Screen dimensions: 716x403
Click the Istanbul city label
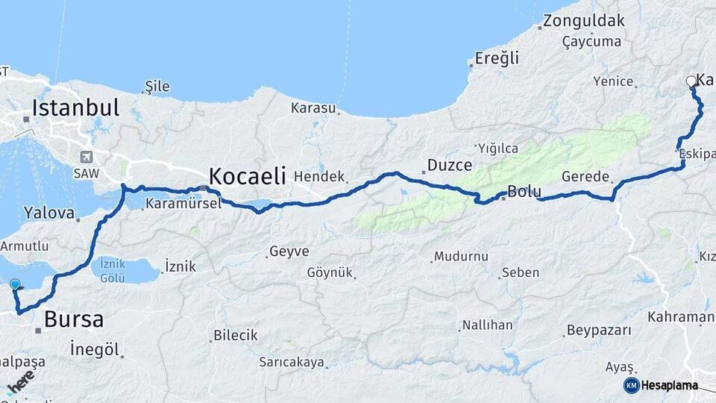75,107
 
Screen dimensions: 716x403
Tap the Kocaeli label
248,176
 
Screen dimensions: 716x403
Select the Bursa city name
73,320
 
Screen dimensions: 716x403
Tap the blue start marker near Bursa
16,284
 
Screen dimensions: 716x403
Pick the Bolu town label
524,191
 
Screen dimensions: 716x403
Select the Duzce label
450,165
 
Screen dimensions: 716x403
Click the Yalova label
49,213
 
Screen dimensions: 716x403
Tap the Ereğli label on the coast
498,57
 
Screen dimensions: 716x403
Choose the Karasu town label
313,108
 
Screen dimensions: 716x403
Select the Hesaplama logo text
670,385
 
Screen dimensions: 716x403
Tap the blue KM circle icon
631,385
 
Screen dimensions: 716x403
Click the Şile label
157,86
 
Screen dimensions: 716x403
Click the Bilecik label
235,335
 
